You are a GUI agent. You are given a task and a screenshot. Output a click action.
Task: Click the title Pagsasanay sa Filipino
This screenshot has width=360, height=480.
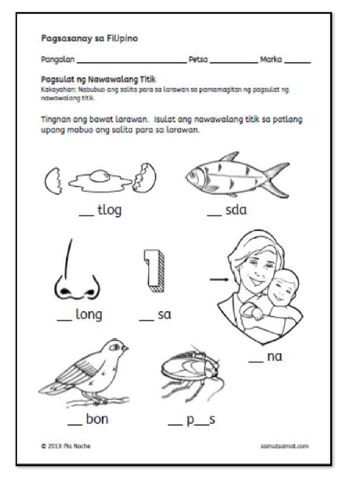(90, 39)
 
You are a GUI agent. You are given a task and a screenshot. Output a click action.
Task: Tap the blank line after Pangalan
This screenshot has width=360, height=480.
(131, 61)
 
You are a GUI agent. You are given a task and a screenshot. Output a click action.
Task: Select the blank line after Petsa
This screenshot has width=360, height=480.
(233, 61)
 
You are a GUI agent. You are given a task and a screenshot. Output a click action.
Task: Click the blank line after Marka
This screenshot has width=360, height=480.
(297, 61)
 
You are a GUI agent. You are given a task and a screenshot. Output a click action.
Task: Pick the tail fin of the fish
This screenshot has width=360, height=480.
(277, 180)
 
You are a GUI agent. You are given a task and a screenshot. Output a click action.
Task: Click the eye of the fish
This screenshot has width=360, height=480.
(193, 176)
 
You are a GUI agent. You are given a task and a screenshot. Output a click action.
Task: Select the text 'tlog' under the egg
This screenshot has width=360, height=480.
(109, 210)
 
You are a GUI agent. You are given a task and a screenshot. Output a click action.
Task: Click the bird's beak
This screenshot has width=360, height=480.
(125, 348)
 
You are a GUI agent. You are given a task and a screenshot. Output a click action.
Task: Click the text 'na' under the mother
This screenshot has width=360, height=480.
(274, 357)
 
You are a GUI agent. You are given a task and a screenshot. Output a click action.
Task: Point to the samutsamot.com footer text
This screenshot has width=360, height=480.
(284, 446)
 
